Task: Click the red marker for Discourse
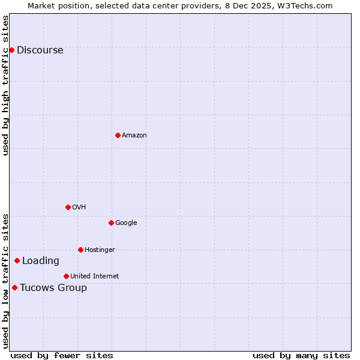tap(11, 50)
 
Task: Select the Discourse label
tap(40, 50)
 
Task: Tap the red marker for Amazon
tap(118, 135)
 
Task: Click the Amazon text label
tap(134, 136)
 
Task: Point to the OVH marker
tap(68, 207)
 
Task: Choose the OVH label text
tap(79, 208)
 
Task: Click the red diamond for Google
tap(111, 223)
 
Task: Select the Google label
tap(126, 223)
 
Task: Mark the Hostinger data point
tap(80, 250)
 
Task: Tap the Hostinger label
tap(100, 250)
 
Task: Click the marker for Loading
tap(17, 260)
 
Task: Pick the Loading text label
tap(41, 261)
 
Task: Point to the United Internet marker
tap(66, 276)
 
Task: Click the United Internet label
tap(94, 277)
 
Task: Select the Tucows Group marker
tap(14, 287)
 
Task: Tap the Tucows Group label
tap(53, 288)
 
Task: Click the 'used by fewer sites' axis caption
tap(62, 355)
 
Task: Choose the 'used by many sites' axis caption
tap(301, 355)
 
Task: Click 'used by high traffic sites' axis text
tap(6, 85)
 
